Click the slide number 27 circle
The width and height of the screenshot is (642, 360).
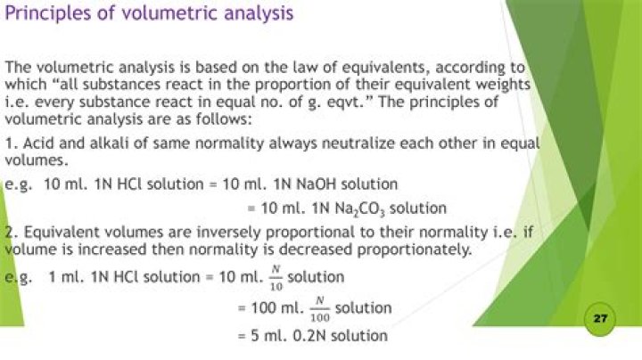[x=599, y=319]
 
